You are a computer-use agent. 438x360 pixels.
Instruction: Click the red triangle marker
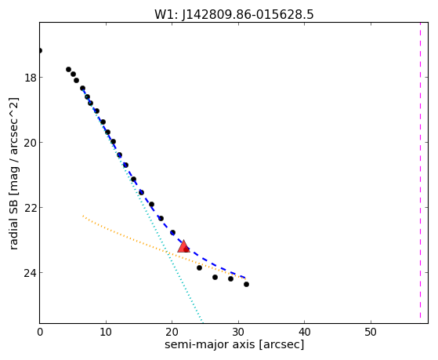click(x=183, y=247)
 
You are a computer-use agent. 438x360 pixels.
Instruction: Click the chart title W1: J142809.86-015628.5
click(x=234, y=14)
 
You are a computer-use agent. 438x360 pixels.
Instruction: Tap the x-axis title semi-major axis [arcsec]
click(x=234, y=344)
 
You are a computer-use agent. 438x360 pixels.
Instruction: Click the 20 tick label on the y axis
click(x=30, y=143)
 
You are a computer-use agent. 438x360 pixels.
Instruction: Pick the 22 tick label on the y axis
click(x=30, y=208)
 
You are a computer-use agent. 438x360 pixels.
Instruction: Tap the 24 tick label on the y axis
click(x=30, y=273)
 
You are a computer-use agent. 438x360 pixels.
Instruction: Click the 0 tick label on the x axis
click(x=40, y=332)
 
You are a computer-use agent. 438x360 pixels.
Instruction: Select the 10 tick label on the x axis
click(x=106, y=332)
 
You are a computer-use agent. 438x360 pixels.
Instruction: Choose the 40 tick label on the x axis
click(x=305, y=332)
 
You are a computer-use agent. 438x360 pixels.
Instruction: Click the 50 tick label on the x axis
click(x=371, y=332)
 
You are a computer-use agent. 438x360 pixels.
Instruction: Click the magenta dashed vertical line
click(x=420, y=171)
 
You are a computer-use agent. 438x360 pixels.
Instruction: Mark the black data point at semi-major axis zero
click(x=40, y=51)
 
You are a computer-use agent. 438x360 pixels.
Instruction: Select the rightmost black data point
click(x=246, y=284)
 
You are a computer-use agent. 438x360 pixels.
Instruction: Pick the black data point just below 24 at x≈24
click(x=199, y=267)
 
